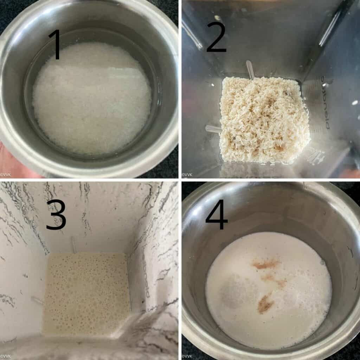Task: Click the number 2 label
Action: coord(216,36)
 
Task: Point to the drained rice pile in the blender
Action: coord(264,120)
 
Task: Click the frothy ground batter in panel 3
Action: coord(86,292)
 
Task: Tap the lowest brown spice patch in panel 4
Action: coord(265,304)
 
